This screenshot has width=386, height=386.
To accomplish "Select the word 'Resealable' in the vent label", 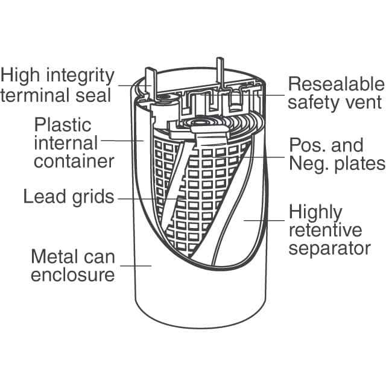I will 335,84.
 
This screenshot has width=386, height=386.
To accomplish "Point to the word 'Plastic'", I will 63,125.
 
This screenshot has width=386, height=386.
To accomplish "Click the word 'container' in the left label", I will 74,161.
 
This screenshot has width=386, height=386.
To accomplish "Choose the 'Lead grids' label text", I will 68,197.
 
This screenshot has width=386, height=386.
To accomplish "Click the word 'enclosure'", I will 72,275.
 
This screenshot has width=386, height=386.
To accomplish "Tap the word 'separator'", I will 329,248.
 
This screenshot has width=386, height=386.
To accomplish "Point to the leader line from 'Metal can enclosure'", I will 136,265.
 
